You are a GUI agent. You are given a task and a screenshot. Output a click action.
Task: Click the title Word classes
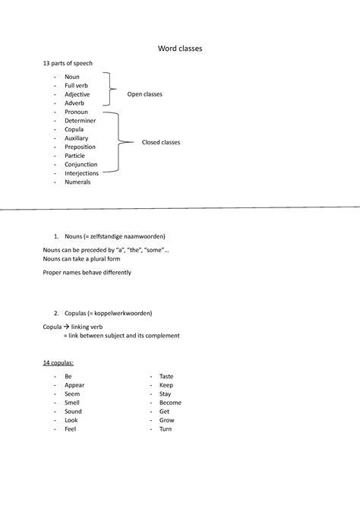180,49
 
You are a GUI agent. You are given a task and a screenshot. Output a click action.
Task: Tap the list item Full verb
76,86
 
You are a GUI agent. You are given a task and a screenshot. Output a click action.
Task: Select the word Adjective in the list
77,94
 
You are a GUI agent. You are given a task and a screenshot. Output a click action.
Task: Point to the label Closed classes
161,142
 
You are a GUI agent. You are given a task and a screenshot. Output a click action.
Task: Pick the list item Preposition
81,147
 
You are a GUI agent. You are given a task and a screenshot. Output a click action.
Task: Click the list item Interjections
81,173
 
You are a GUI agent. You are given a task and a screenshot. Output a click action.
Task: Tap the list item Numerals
77,182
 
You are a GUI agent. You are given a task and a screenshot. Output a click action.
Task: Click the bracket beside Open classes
112,89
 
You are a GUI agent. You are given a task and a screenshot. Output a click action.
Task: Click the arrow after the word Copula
66,326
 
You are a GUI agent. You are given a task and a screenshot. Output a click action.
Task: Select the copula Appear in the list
74,385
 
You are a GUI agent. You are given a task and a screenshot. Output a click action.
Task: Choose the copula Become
170,403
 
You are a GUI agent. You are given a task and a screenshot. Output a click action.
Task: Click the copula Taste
166,376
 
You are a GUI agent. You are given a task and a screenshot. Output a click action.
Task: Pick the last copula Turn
166,429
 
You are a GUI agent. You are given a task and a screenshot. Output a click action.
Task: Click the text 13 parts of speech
67,63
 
